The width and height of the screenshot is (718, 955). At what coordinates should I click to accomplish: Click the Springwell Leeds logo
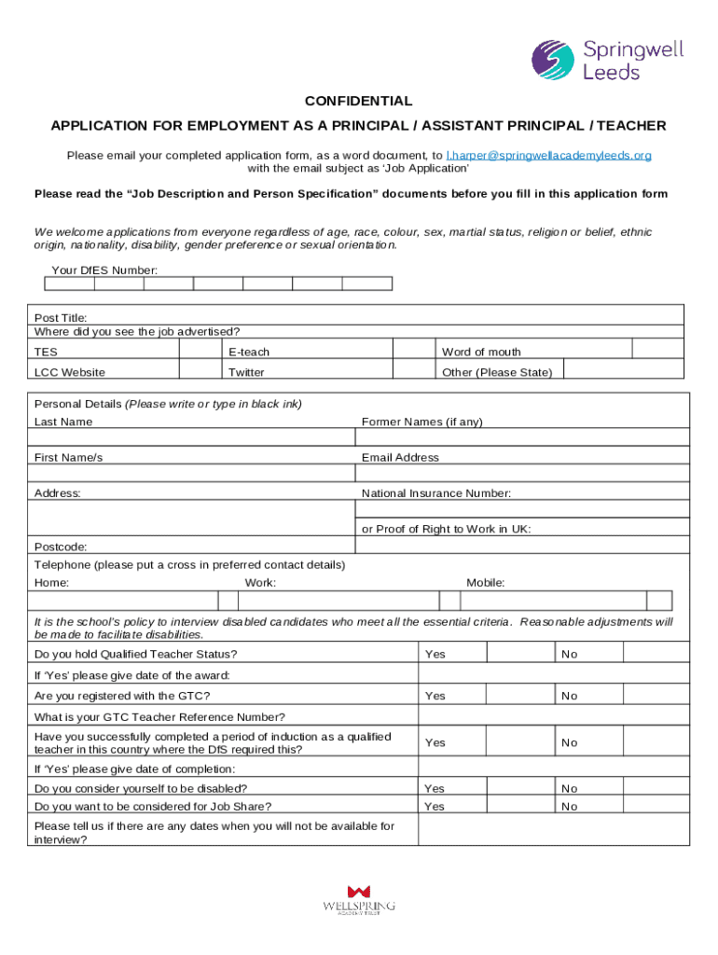tap(607, 60)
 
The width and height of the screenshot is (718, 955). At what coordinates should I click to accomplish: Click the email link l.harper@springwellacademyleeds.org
tap(548, 155)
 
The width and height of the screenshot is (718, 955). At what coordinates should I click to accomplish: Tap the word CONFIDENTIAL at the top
tap(358, 101)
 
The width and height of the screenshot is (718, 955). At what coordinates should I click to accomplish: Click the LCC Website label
tap(70, 372)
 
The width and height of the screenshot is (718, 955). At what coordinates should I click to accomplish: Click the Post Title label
tap(61, 318)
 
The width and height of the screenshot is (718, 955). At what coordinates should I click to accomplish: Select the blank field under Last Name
tap(191, 437)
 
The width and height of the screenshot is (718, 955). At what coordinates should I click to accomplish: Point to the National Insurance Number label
tap(435, 493)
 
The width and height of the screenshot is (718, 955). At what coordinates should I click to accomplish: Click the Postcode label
tap(61, 547)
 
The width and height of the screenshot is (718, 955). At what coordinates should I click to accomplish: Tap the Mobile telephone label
tap(485, 583)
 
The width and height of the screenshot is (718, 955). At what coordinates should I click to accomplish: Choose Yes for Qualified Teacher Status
tap(521, 654)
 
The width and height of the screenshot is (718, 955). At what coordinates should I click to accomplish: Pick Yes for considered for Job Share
tap(521, 806)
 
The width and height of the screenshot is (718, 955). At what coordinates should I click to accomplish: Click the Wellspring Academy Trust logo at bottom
tap(358, 900)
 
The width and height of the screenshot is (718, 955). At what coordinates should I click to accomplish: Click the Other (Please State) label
tap(496, 372)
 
